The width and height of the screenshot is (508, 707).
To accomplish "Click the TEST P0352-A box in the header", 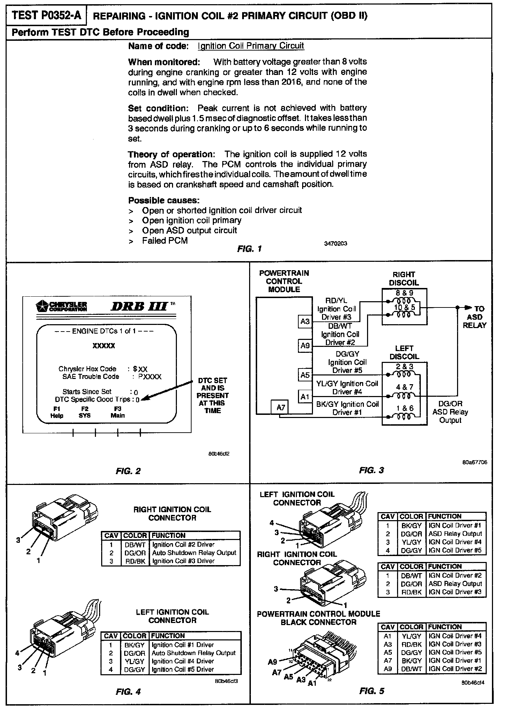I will pyautogui.click(x=46, y=16).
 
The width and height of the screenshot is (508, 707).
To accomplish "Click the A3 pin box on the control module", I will pyautogui.click(x=305, y=321).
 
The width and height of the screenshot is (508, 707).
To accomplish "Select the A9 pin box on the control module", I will pyautogui.click(x=305, y=346).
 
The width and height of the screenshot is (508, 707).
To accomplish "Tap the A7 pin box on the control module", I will pyautogui.click(x=281, y=407).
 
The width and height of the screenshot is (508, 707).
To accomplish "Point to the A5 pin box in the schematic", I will pyautogui.click(x=305, y=375).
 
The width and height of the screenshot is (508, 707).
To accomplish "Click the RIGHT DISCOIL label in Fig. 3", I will pyautogui.click(x=404, y=279).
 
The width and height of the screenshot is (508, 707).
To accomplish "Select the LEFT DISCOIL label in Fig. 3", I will pyautogui.click(x=404, y=352).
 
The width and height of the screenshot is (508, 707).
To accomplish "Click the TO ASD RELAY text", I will pyautogui.click(x=475, y=317).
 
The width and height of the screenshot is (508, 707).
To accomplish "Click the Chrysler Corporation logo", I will pyautogui.click(x=61, y=306).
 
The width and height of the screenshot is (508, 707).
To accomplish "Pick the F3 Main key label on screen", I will pyautogui.click(x=118, y=412).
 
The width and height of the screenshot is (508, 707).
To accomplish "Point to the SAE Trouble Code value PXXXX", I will pyautogui.click(x=150, y=377).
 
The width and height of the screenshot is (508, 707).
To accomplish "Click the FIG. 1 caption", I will pyautogui.click(x=249, y=249).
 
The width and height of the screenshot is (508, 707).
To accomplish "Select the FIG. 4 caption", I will pyautogui.click(x=128, y=691).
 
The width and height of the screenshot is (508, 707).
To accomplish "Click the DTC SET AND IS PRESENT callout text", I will pyautogui.click(x=212, y=395).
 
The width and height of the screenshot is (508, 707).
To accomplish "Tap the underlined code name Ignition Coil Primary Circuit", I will pyautogui.click(x=251, y=46).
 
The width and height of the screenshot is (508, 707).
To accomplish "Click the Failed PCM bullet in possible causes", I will pyautogui.click(x=165, y=241).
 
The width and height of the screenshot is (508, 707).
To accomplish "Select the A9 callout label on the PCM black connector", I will pyautogui.click(x=272, y=662).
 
